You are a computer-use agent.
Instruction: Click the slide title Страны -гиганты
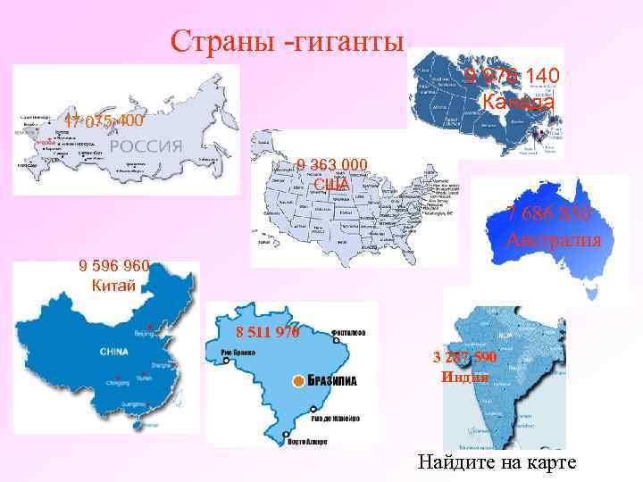click(x=288, y=40)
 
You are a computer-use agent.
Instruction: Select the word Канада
click(x=518, y=102)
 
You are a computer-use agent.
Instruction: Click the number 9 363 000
click(x=332, y=164)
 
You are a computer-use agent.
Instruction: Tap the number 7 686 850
click(x=547, y=215)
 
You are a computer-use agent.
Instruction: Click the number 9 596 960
click(x=113, y=265)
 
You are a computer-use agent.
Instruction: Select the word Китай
click(x=113, y=286)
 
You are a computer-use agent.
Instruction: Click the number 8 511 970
click(x=267, y=333)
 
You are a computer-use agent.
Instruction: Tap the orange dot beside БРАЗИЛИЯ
click(x=297, y=381)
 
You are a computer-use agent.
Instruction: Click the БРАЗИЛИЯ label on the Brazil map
click(x=332, y=381)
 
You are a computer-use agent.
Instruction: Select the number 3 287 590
click(x=464, y=357)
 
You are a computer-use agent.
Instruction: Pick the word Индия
click(x=464, y=376)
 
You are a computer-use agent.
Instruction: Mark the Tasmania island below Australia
click(x=588, y=291)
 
